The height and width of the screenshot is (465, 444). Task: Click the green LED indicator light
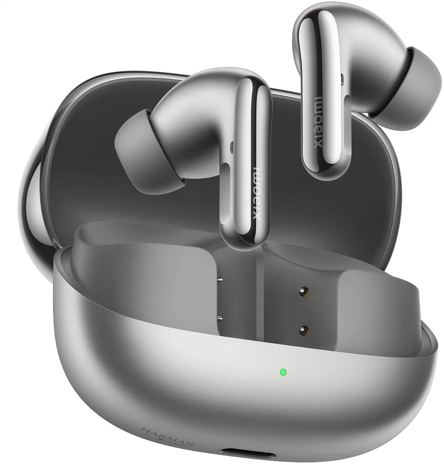[x=283, y=373]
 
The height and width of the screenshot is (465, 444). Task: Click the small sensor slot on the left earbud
[x=231, y=147]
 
